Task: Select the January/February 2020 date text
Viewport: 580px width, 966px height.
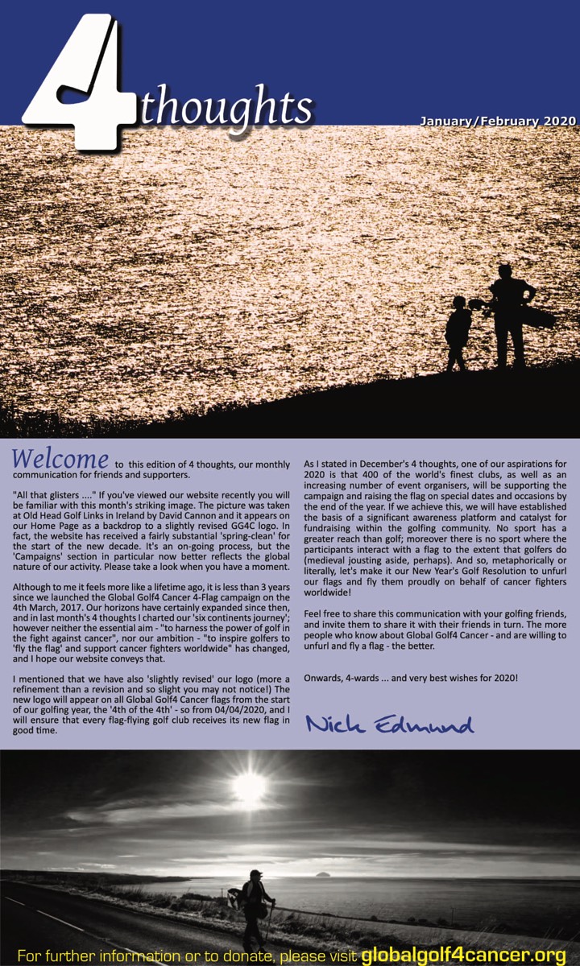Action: (x=498, y=122)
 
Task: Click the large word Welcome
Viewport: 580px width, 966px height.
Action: (x=60, y=459)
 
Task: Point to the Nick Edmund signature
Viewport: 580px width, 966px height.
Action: (x=389, y=724)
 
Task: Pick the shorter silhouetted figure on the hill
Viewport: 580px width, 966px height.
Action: (x=458, y=332)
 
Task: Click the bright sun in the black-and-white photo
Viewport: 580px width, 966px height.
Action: (x=249, y=786)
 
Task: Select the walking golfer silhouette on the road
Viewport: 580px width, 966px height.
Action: (x=255, y=906)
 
